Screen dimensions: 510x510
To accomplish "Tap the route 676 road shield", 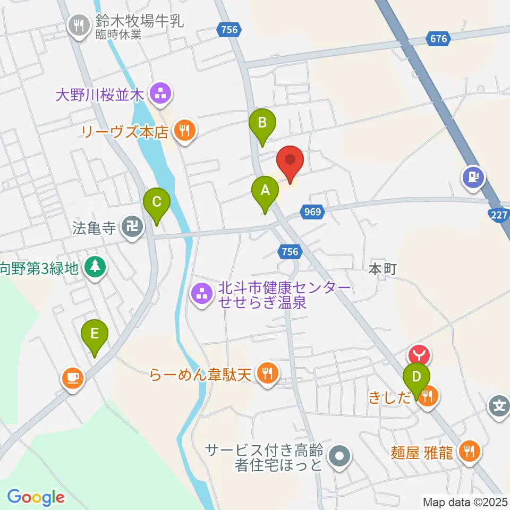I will (439, 38).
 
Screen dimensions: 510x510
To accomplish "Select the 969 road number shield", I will (313, 212).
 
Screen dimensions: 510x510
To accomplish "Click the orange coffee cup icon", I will (73, 378).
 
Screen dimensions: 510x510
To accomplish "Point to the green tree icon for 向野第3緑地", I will (95, 267).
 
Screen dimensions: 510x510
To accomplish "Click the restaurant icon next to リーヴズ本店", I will (184, 131).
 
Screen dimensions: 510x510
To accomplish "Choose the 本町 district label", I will (383, 269).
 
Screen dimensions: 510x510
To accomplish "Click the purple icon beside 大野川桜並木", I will (159, 95).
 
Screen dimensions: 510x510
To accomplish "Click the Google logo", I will (36, 498).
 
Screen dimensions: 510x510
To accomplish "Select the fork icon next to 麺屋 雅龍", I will (469, 452).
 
